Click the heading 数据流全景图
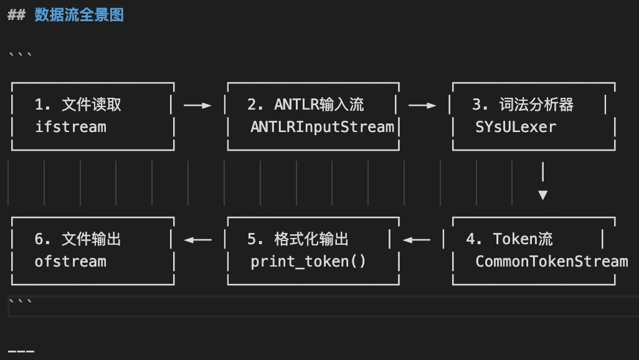(x=79, y=15)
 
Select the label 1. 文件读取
(x=78, y=105)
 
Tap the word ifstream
(x=70, y=127)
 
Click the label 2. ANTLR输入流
(x=305, y=105)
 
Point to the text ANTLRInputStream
(x=322, y=127)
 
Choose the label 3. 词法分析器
(x=523, y=105)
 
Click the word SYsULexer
(x=515, y=127)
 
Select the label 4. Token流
(x=509, y=239)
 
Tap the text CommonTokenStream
(x=551, y=262)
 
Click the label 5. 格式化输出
(x=298, y=239)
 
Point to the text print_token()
(x=308, y=262)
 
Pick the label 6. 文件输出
(x=78, y=239)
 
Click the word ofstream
(x=70, y=262)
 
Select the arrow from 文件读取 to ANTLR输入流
(x=198, y=105)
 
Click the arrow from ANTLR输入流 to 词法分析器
(x=422, y=105)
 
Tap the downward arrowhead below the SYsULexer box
(x=542, y=195)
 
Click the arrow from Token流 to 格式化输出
(x=417, y=240)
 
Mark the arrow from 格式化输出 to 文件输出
(x=198, y=240)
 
